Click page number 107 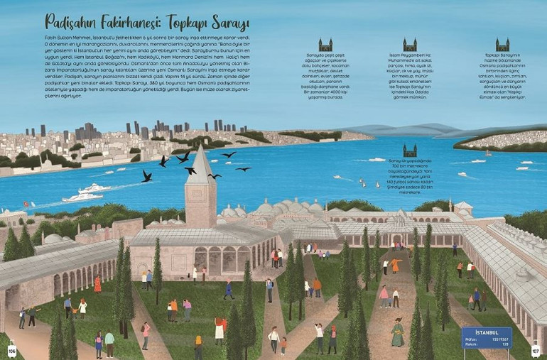(x=536, y=350)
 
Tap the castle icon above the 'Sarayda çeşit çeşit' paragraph (x=325, y=45)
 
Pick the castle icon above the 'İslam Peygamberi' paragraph (x=410, y=45)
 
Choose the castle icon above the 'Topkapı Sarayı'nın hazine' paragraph (x=502, y=45)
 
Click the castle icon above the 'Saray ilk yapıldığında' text (x=410, y=151)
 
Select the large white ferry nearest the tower (x=82, y=196)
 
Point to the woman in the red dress (x=97, y=284)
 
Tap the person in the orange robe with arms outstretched (x=395, y=266)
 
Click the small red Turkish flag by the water (x=26, y=204)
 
